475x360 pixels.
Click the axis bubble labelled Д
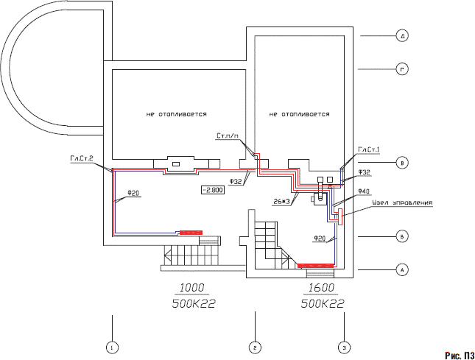coord(401,35)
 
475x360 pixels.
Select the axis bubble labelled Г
coord(401,70)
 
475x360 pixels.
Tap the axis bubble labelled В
coord(401,163)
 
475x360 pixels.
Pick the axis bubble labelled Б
coord(401,237)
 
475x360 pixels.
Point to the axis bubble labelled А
coord(401,270)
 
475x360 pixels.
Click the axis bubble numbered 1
coord(111,346)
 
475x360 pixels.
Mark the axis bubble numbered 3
coord(343,346)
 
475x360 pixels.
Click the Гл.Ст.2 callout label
coord(82,158)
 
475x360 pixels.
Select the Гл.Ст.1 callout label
coord(368,149)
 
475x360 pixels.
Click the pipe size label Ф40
coord(363,191)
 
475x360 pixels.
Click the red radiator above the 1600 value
coord(314,263)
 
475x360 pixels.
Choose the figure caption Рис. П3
coord(457,355)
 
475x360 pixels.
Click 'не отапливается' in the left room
coord(177,115)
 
